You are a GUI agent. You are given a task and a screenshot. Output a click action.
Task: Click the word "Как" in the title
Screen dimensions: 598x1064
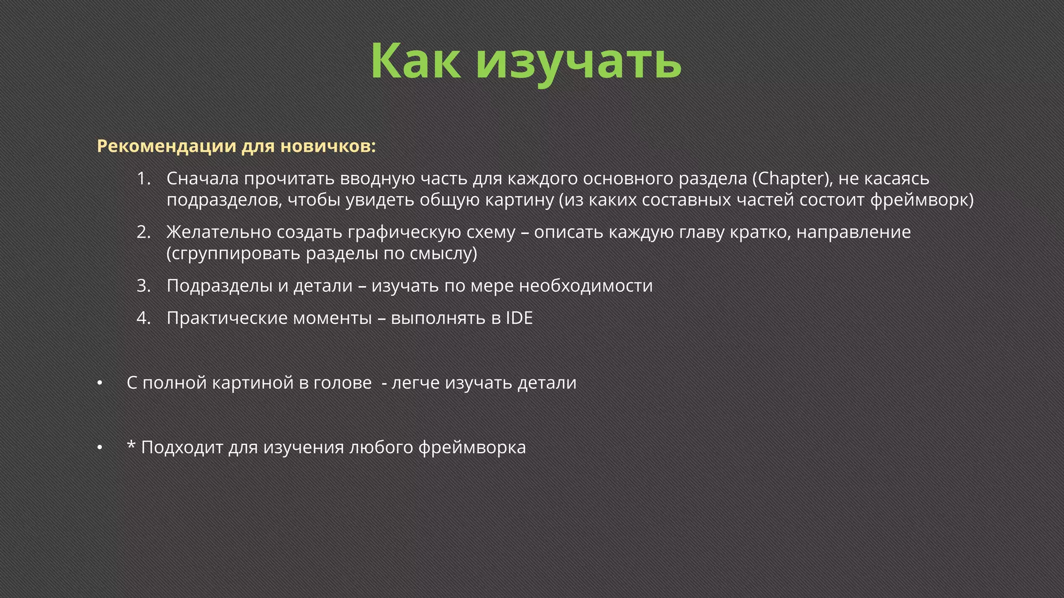416,61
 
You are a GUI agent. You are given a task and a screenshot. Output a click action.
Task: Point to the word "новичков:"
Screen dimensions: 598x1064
328,146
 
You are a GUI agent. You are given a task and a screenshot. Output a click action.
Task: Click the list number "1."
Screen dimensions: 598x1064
143,179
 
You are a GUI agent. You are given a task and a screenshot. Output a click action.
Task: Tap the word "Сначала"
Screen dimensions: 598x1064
203,179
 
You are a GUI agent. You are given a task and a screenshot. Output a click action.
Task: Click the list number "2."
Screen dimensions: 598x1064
143,232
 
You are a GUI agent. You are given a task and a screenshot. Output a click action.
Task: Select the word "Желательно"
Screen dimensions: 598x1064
219,232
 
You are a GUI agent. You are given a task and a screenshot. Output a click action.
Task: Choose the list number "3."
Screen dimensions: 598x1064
143,286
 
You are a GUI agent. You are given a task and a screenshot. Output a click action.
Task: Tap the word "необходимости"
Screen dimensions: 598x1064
586,286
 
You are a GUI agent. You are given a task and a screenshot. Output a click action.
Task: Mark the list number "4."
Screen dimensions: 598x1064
143,318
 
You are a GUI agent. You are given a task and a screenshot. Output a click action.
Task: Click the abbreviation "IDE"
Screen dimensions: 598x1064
519,318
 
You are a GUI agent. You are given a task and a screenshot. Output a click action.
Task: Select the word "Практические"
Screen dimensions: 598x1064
227,318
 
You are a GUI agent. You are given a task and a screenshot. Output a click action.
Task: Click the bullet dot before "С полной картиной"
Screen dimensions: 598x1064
99,383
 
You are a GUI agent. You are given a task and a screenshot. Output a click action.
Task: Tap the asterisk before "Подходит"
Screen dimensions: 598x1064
131,445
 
